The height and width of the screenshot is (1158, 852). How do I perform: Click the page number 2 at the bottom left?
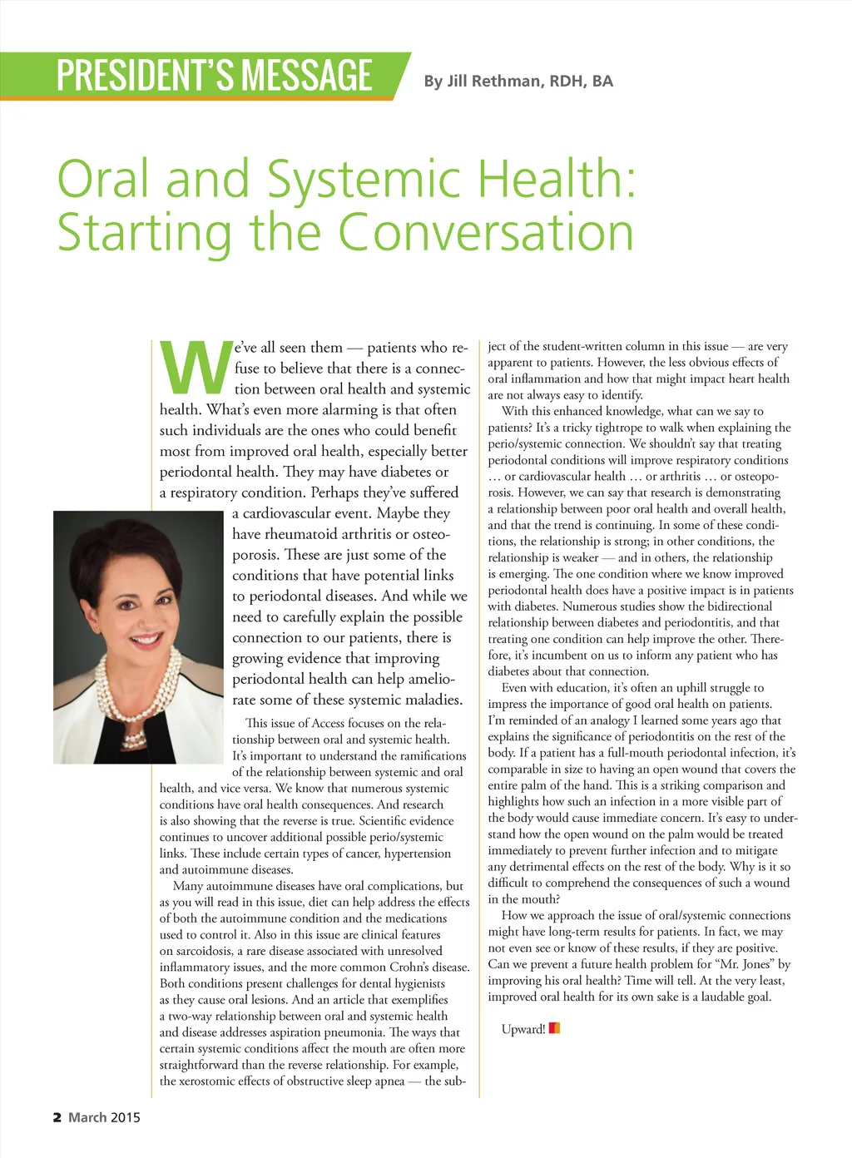coord(57,1117)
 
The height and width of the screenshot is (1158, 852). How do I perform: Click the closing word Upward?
coord(523,1029)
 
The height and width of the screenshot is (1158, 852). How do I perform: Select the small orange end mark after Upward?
coord(555,1028)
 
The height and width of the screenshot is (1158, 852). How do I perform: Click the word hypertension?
coord(414,854)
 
